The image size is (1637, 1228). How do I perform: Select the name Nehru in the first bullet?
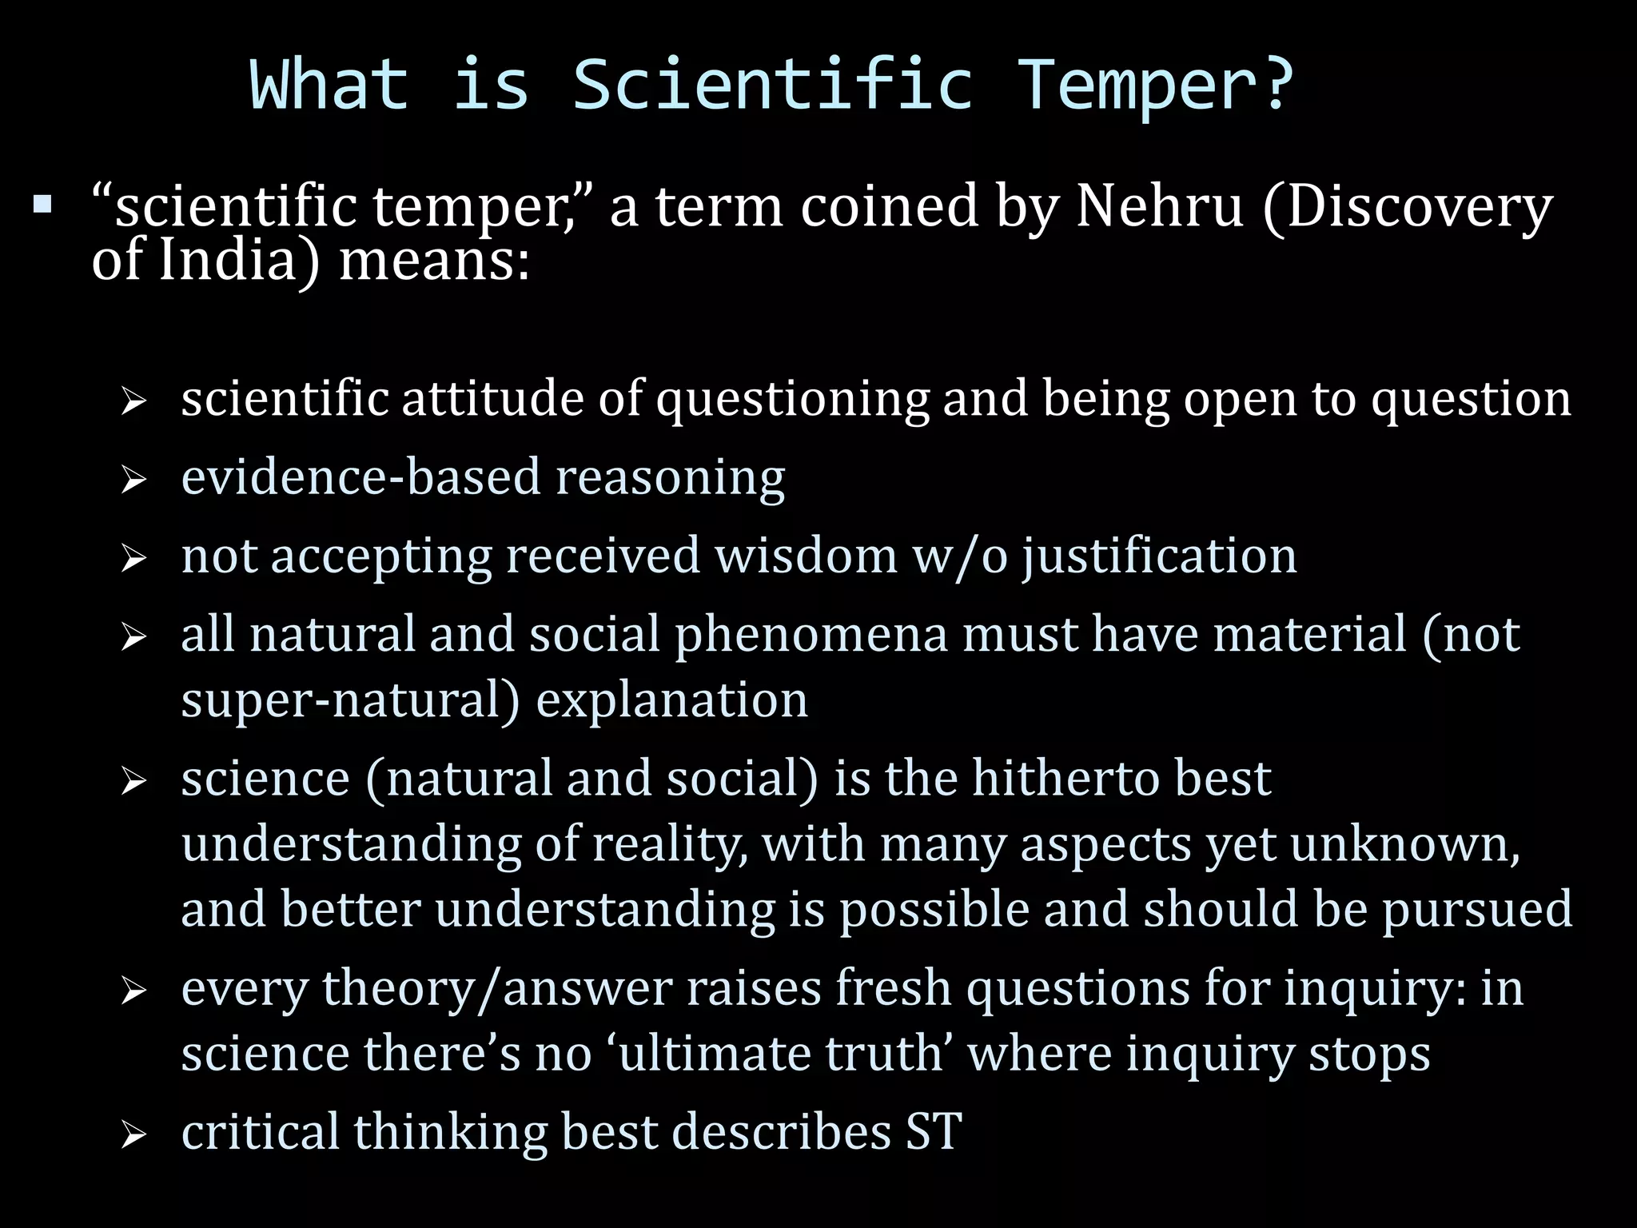pos(1159,205)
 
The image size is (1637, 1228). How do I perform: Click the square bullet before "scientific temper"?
pos(42,205)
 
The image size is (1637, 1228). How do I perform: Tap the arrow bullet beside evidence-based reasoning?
pos(133,480)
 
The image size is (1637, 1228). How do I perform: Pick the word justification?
pos(1160,557)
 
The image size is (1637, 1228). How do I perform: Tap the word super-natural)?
pos(351,700)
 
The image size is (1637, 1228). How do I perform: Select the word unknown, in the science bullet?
pos(1405,845)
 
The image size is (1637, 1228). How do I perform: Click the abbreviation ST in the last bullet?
pos(934,1132)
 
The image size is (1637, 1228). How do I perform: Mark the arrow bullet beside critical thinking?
pos(133,1135)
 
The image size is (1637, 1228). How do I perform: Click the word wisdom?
pos(807,556)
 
